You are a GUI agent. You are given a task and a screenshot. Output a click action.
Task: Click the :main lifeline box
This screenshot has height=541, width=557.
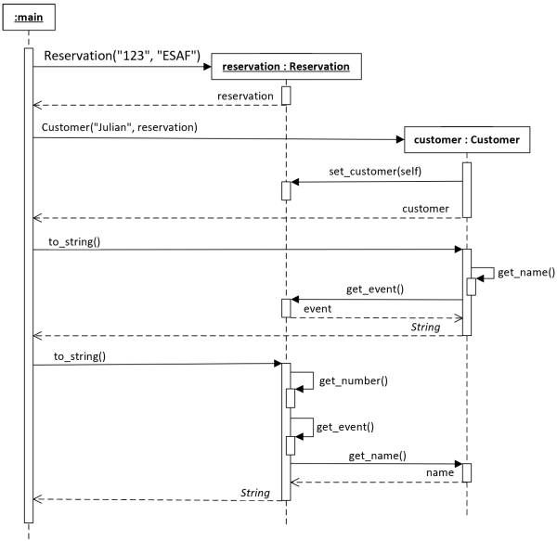coord(29,17)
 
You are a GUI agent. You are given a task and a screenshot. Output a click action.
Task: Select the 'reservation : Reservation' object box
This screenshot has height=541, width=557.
coord(286,67)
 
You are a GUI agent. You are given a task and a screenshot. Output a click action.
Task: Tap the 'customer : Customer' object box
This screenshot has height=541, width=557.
coord(467,140)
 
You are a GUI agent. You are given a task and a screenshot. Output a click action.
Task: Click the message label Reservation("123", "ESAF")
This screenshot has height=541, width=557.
coord(123,56)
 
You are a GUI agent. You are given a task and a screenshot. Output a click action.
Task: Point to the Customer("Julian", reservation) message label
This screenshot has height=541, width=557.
coord(120,127)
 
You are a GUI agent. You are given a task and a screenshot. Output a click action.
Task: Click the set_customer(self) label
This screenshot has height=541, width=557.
coord(375,172)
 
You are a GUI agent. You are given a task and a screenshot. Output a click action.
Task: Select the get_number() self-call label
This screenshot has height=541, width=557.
coord(354,380)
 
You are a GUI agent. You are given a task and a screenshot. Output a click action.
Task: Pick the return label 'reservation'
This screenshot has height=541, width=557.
coord(245,97)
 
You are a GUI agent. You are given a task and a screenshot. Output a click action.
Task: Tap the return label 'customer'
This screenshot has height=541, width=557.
coord(425,209)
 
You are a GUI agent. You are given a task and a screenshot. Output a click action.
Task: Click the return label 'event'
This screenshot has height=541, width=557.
coord(317,309)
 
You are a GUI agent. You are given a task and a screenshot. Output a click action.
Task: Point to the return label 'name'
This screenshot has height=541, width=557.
coord(440,473)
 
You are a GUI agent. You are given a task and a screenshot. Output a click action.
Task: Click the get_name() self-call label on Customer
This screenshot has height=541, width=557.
coord(526,272)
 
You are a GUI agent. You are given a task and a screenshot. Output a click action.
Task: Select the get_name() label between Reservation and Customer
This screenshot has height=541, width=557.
coord(377,456)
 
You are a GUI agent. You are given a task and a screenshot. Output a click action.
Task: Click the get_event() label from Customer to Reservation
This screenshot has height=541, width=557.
coord(375,290)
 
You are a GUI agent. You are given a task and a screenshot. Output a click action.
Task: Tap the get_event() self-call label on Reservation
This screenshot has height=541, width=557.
coord(345,427)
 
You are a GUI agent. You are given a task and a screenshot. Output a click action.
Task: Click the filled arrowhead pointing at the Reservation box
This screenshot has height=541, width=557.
coord(207,67)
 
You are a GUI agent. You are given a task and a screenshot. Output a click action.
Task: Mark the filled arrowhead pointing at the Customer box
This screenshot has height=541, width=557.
coord(400,139)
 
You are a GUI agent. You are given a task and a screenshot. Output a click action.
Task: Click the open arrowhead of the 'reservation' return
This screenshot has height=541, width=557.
coord(37,105)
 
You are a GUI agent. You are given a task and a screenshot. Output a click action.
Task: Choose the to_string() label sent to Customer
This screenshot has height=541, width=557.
coord(74,242)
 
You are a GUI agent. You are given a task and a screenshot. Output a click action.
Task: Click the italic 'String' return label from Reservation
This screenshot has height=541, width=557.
coord(255,493)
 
